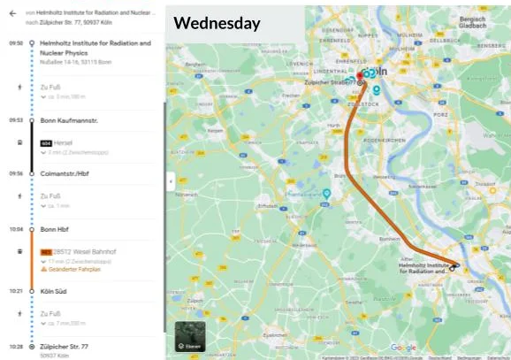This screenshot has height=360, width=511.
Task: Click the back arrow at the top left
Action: (12, 14)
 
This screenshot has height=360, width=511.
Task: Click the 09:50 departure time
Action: (16, 42)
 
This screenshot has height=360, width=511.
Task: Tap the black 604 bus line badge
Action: (46, 142)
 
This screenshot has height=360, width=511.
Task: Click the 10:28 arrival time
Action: (16, 346)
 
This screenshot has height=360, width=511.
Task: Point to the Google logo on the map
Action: (402, 348)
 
